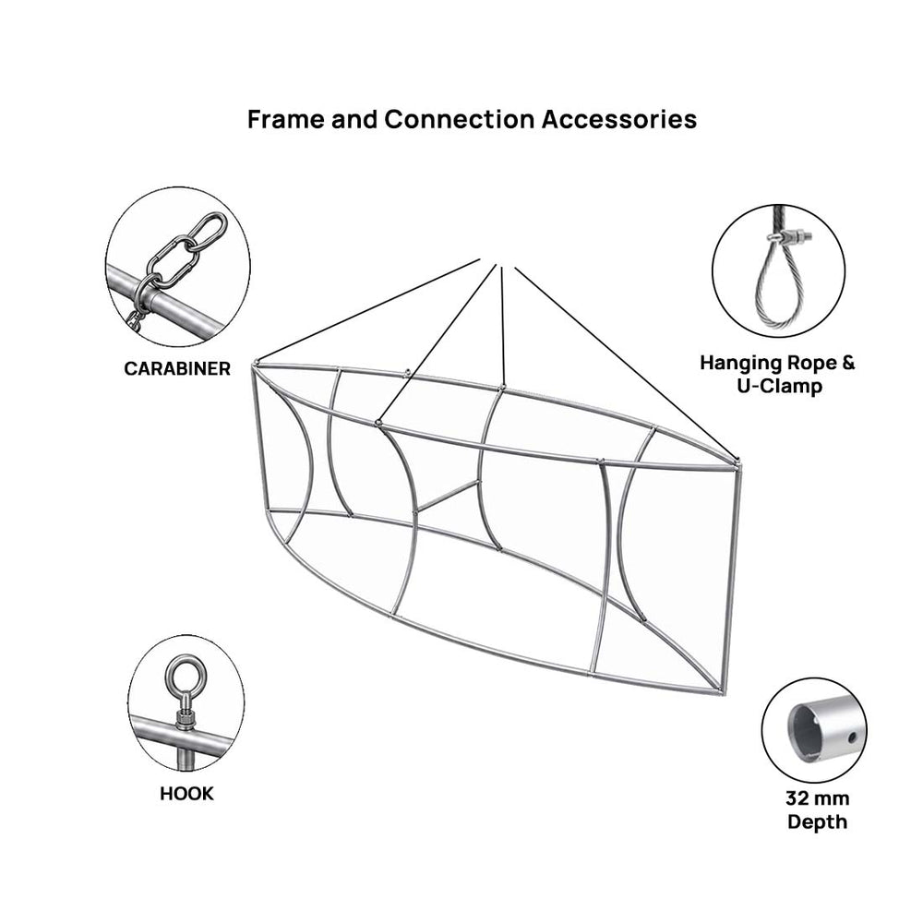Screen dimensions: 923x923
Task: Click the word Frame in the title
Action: pyautogui.click(x=285, y=119)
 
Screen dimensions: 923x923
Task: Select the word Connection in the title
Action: pyautogui.click(x=459, y=119)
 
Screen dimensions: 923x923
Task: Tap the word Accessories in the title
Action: pyautogui.click(x=619, y=119)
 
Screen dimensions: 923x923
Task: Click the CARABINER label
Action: pyautogui.click(x=177, y=368)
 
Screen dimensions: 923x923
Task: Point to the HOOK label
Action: pyautogui.click(x=186, y=794)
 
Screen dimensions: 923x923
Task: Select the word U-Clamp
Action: pyautogui.click(x=779, y=386)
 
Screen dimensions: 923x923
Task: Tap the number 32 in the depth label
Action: pyautogui.click(x=796, y=798)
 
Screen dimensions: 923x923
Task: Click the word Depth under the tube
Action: pyautogui.click(x=817, y=821)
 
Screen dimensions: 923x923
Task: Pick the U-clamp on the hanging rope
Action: pyautogui.click(x=789, y=238)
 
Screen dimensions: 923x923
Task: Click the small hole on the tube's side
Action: pyautogui.click(x=852, y=737)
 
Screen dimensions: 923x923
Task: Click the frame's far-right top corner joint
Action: pyautogui.click(x=737, y=462)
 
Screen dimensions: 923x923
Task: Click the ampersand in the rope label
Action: pyautogui.click(x=847, y=363)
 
